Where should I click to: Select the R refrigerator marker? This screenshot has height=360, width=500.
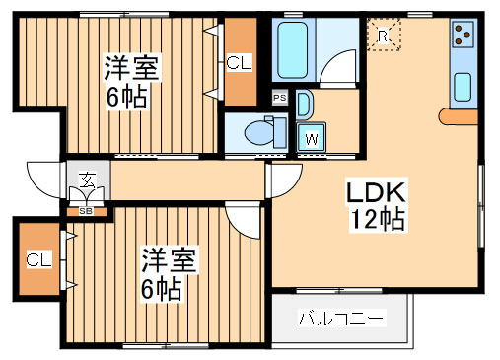(384, 36)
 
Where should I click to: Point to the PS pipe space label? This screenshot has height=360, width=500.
(279, 98)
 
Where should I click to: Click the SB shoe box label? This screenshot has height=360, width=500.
(86, 210)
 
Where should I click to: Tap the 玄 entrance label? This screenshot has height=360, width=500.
(87, 181)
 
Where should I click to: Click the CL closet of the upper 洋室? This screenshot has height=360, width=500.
(239, 62)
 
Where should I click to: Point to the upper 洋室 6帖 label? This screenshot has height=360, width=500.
(133, 81)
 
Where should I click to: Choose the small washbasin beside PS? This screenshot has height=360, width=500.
(304, 102)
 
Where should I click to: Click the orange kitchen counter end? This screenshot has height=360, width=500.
(457, 117)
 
